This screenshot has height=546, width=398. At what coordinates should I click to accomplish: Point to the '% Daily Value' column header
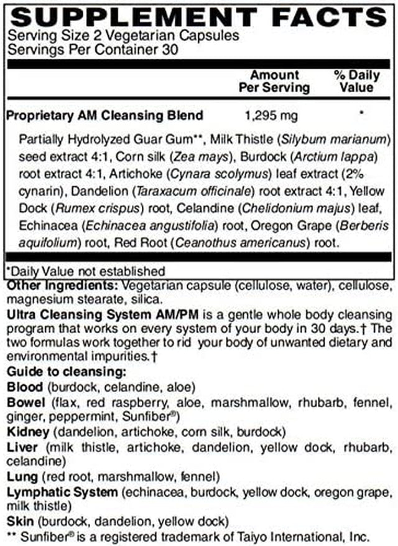(x=356, y=81)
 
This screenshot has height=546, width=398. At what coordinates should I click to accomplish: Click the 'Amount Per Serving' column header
(x=274, y=81)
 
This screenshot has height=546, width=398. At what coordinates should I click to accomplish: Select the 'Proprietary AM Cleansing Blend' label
(x=104, y=115)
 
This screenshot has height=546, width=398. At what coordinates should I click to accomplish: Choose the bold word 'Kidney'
(x=25, y=431)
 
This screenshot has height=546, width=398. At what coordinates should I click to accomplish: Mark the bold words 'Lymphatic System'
(x=62, y=492)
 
